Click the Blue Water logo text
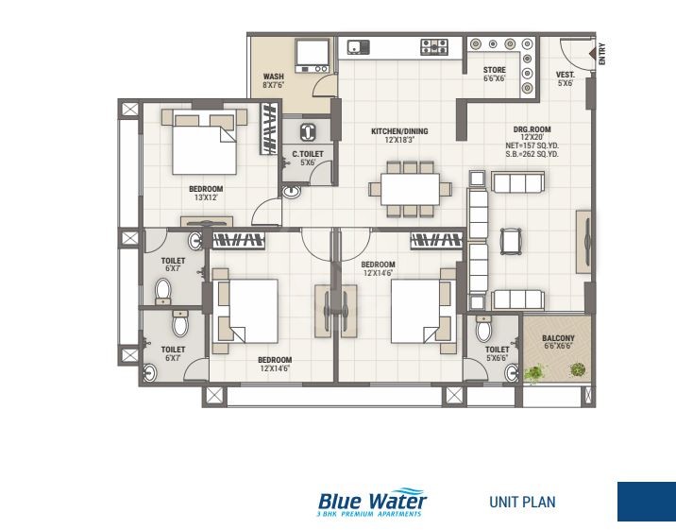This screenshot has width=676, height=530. click(x=372, y=500)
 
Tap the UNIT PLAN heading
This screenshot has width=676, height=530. click(x=522, y=502)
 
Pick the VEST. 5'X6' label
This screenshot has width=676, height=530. click(x=565, y=79)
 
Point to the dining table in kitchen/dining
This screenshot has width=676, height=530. click(x=409, y=186)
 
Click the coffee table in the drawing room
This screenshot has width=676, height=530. click(x=510, y=242)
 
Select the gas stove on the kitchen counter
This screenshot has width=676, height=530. click(x=433, y=45)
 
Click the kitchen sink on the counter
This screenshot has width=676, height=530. click(x=358, y=45)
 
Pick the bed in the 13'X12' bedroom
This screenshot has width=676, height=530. click(x=202, y=145)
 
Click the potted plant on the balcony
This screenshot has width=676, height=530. click(x=534, y=373)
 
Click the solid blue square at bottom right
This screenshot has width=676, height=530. click(x=646, y=502)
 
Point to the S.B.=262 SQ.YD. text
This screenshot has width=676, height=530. click(x=532, y=154)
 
